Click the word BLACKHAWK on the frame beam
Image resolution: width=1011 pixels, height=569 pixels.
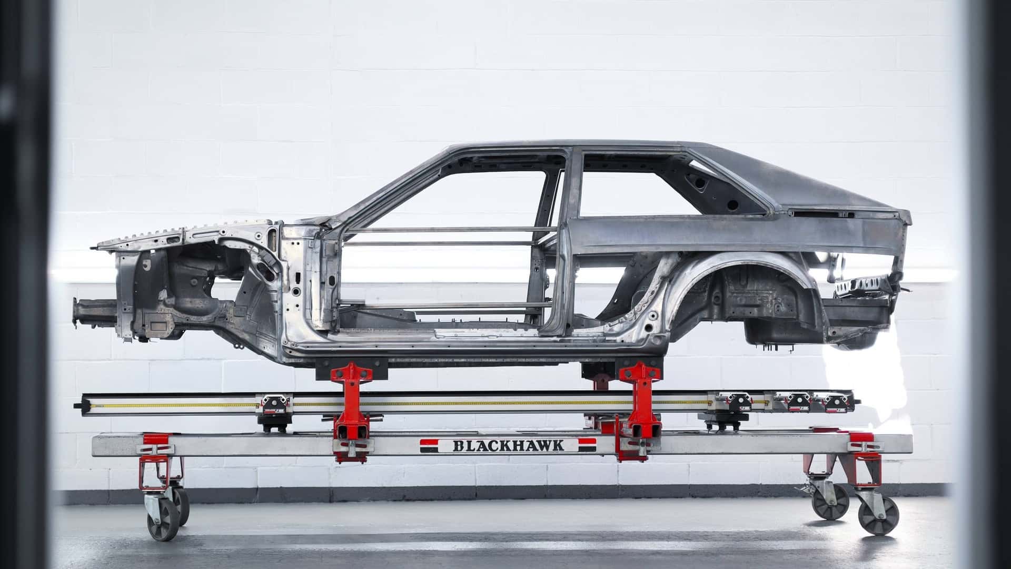[508, 446]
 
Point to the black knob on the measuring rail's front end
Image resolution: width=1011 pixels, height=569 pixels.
[78, 406]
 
